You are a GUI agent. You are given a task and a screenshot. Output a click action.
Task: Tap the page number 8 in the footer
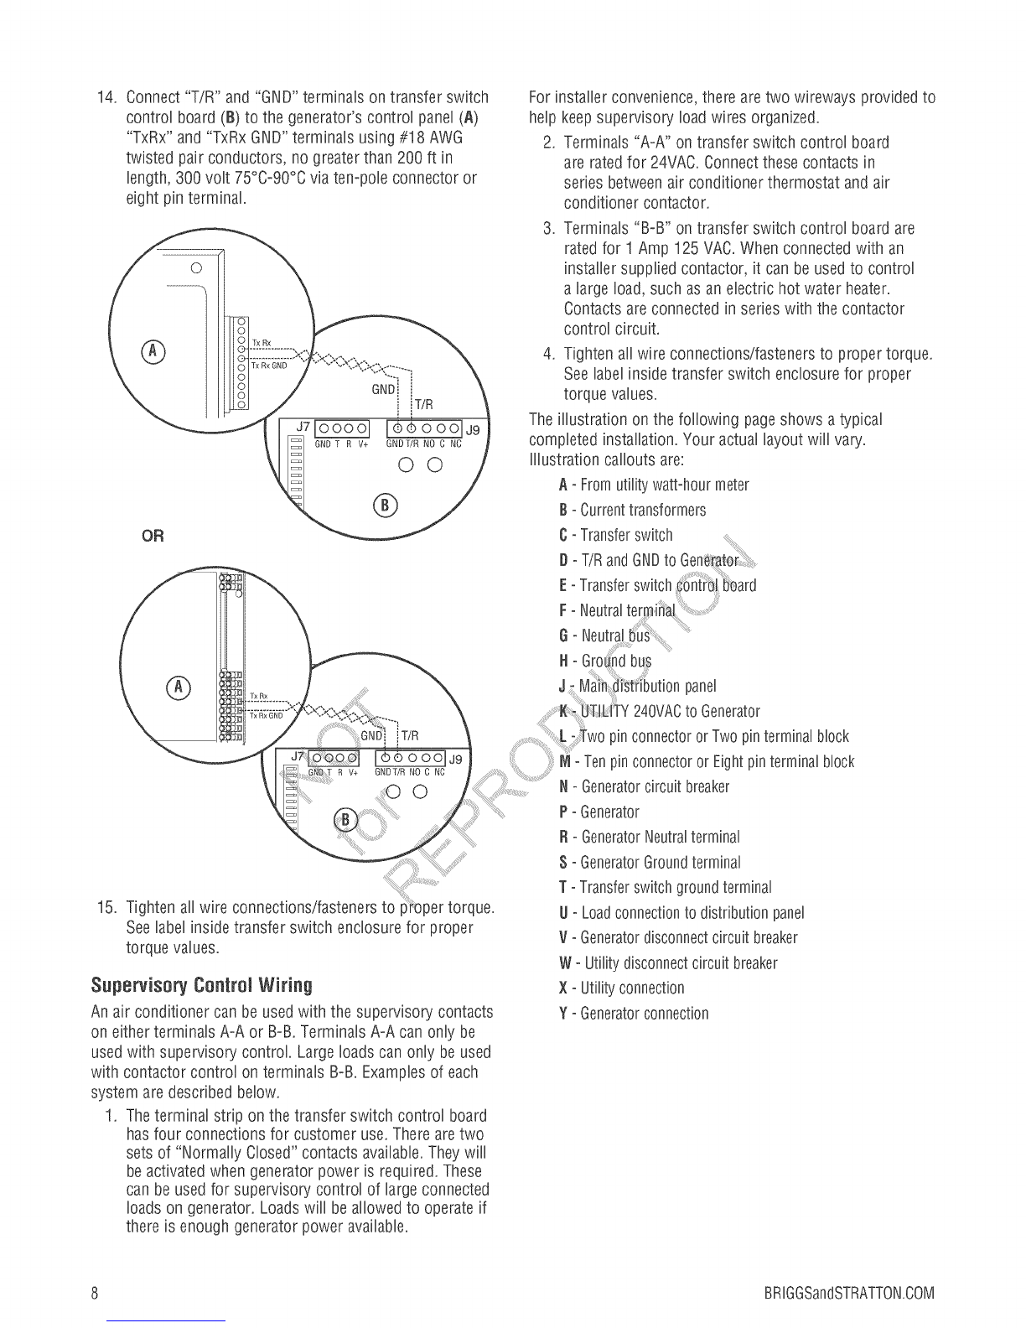click(96, 1292)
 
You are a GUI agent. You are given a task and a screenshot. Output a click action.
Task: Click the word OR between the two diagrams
click(152, 536)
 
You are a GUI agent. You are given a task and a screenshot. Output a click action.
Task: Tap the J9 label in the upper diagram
click(473, 430)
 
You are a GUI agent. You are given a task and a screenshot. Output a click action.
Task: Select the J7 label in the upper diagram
click(303, 427)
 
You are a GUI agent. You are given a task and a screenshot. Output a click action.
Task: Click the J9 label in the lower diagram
click(456, 759)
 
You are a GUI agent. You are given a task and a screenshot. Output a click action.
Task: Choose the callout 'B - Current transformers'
click(632, 511)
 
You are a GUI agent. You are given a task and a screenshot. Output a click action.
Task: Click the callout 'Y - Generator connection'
click(633, 1014)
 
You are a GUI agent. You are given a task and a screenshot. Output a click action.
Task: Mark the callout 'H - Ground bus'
click(604, 661)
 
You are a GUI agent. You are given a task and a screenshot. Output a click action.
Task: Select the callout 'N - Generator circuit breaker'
click(644, 787)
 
